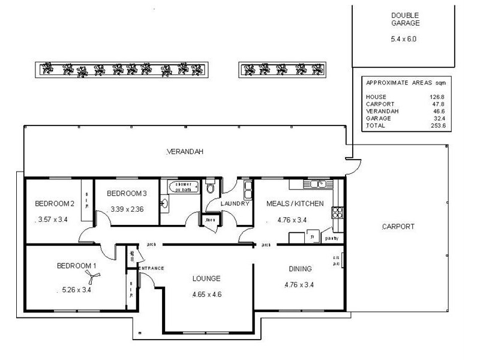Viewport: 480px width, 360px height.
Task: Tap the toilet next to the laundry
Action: click(x=209, y=188)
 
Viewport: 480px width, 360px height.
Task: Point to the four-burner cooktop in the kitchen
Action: click(x=337, y=211)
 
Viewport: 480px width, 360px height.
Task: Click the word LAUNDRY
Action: click(x=235, y=204)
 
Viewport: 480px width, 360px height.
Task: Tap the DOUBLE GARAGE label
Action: click(x=406, y=19)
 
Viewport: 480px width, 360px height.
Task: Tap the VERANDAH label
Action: click(x=185, y=152)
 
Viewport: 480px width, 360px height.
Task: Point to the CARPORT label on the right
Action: click(x=398, y=227)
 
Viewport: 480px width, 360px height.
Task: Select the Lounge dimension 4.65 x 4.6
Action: click(x=207, y=295)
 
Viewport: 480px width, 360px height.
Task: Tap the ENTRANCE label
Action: click(x=151, y=268)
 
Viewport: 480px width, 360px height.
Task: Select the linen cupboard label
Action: click(x=210, y=220)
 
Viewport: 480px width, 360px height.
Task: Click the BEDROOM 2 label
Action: click(x=54, y=203)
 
